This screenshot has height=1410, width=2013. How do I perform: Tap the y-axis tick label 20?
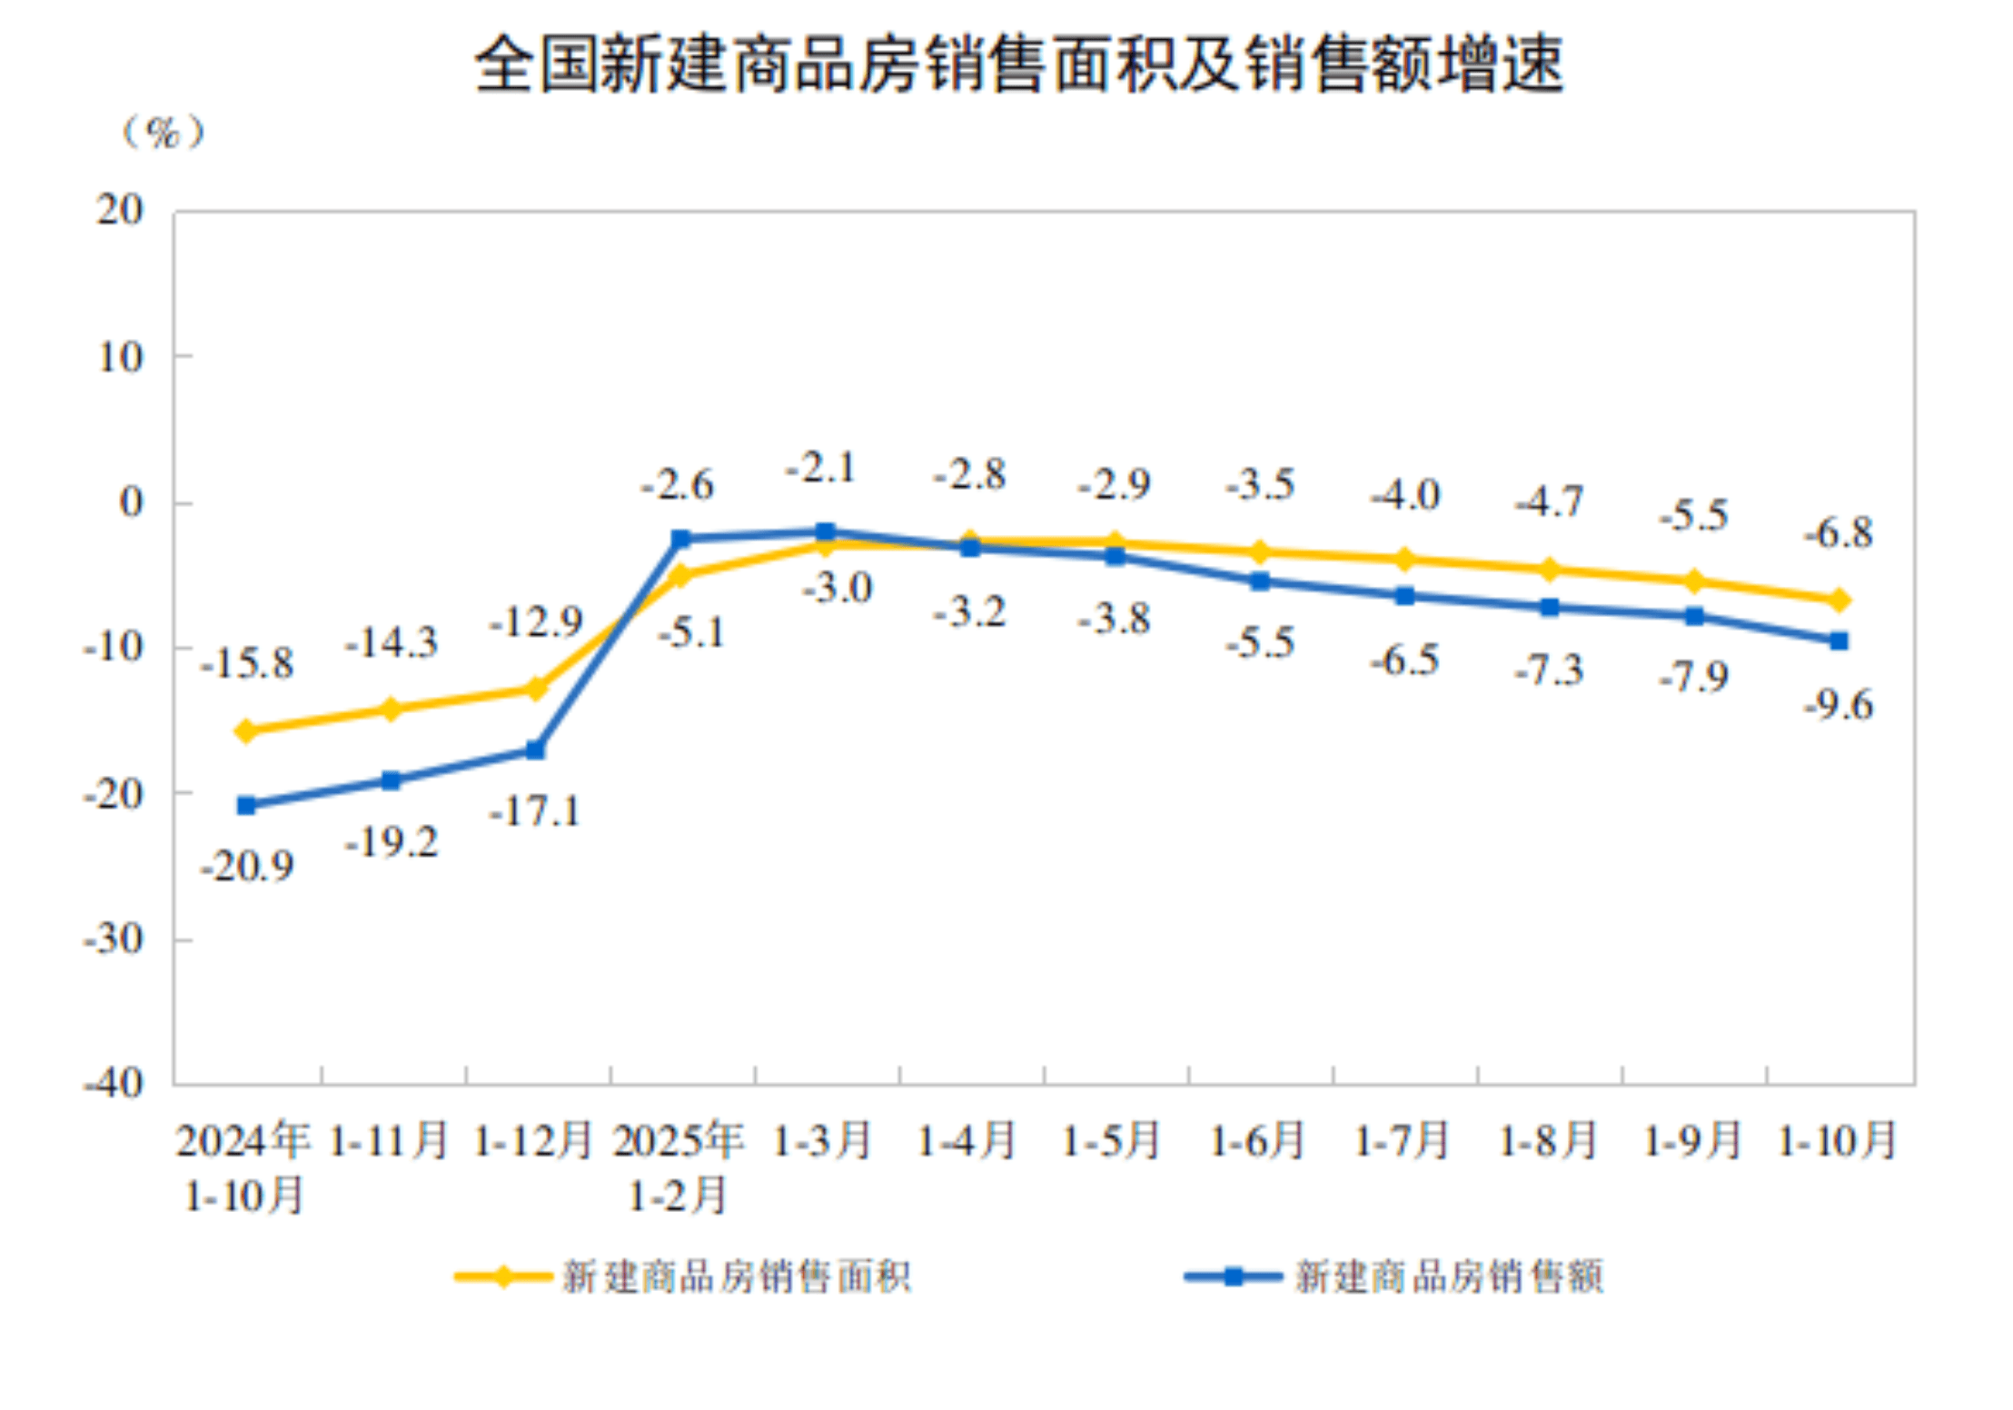tap(121, 211)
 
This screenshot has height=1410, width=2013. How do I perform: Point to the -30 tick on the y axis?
tap(114, 938)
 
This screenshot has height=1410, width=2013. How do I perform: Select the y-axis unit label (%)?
tap(164, 134)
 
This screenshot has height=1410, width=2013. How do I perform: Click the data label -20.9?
tap(247, 867)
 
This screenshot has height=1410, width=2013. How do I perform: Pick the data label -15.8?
tap(247, 664)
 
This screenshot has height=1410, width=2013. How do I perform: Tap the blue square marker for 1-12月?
tap(536, 750)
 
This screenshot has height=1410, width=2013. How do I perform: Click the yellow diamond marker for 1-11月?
tap(392, 710)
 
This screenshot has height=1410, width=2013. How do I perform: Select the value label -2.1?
tap(821, 469)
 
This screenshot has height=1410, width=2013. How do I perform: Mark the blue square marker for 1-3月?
tap(826, 532)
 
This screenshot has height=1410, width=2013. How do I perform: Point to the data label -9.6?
tap(1839, 705)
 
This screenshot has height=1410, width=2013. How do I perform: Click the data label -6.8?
tap(1839, 533)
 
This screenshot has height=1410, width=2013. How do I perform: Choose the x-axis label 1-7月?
tap(1403, 1141)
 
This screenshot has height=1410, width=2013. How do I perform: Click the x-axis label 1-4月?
tap(967, 1141)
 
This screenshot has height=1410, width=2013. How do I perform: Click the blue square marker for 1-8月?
tap(1550, 608)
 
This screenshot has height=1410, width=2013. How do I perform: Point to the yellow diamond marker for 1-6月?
tap(1260, 551)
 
